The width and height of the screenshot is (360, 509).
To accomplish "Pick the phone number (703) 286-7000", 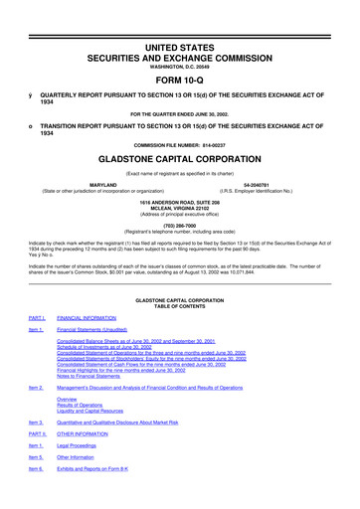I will (179, 224).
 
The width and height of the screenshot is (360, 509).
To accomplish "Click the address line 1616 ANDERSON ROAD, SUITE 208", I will (179, 200).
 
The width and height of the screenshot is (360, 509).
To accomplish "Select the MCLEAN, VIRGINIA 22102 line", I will (179, 206).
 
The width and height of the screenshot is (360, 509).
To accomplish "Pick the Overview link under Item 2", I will (74, 399).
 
